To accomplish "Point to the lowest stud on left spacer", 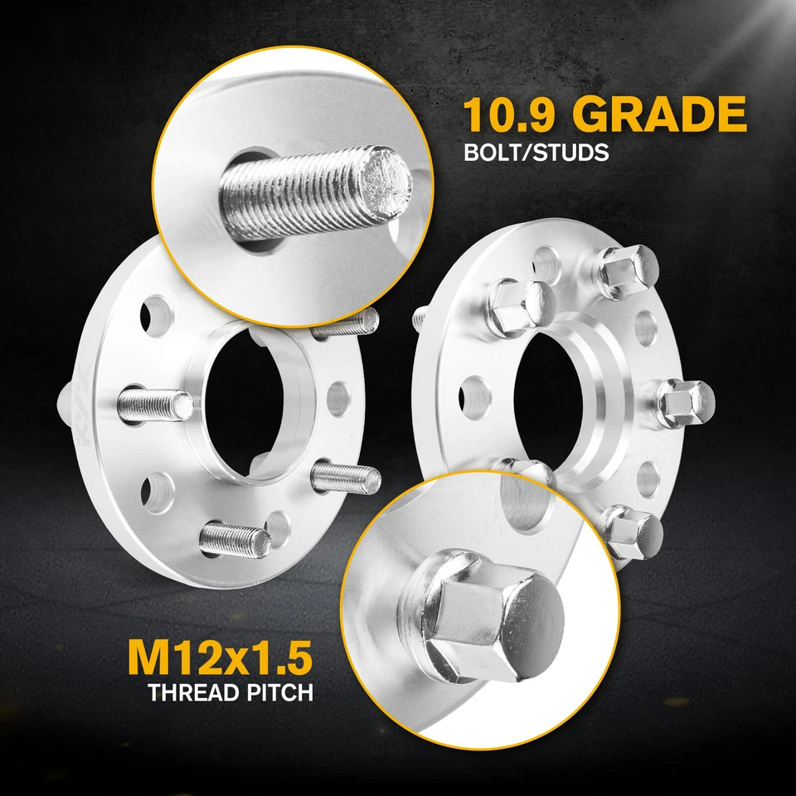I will click(237, 540).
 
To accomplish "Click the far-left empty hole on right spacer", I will click(473, 390).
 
